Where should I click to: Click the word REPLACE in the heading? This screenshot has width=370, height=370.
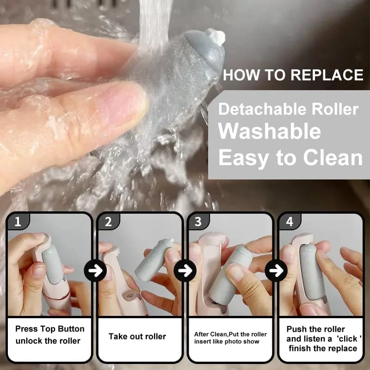coord(327,75)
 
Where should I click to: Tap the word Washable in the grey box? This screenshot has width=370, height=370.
coord(270,131)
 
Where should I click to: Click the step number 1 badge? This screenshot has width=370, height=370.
coord(18,222)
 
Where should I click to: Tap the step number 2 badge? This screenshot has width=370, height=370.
coord(108,222)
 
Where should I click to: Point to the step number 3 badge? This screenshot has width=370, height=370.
coord(198,222)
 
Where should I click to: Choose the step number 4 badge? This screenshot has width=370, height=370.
coord(290,222)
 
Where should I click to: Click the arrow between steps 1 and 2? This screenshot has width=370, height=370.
coord(95,271)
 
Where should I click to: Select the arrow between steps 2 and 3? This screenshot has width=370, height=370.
coord(185,271)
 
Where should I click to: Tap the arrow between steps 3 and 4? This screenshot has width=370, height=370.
coord(276,271)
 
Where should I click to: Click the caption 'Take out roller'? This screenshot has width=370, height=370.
coord(137,337)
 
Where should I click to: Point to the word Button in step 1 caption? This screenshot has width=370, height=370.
coord(71,329)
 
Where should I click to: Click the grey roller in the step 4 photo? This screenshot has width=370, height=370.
coord(312,271)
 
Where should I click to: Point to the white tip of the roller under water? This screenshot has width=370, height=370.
coord(217,37)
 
